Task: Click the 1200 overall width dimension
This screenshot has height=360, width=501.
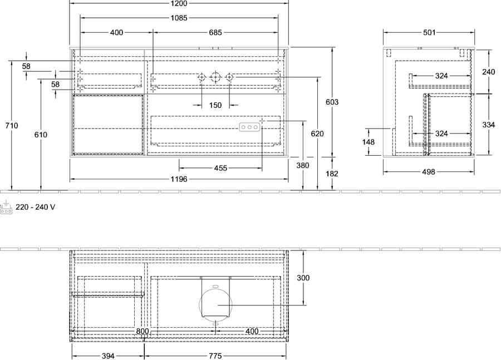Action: click(x=179, y=3)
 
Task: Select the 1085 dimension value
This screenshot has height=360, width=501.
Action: click(x=179, y=18)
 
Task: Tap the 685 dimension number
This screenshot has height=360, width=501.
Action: click(x=215, y=33)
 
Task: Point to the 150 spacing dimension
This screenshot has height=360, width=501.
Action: click(x=215, y=105)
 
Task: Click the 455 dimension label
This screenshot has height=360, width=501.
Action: click(x=220, y=168)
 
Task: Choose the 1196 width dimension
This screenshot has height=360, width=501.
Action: click(x=179, y=179)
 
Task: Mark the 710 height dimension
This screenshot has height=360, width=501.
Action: click(x=12, y=126)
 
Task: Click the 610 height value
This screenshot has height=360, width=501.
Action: click(x=41, y=135)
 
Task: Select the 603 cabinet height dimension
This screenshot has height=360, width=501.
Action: click(x=332, y=102)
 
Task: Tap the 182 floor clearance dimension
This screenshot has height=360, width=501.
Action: click(x=332, y=174)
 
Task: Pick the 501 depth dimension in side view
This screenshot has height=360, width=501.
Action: click(x=429, y=33)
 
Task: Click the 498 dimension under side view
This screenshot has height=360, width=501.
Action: click(x=429, y=172)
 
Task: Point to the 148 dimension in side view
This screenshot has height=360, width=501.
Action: click(x=369, y=141)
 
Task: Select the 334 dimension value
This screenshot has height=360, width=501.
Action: click(x=489, y=125)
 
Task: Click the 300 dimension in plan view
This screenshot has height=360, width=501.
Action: click(x=303, y=278)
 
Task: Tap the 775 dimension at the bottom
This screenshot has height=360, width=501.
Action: click(x=215, y=356)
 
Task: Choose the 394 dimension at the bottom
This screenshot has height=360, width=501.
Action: click(x=108, y=356)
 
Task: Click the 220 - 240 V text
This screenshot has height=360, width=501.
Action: click(x=36, y=208)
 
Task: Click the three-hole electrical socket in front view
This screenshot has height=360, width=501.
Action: click(x=249, y=127)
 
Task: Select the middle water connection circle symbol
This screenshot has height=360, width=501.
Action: click(x=215, y=77)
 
